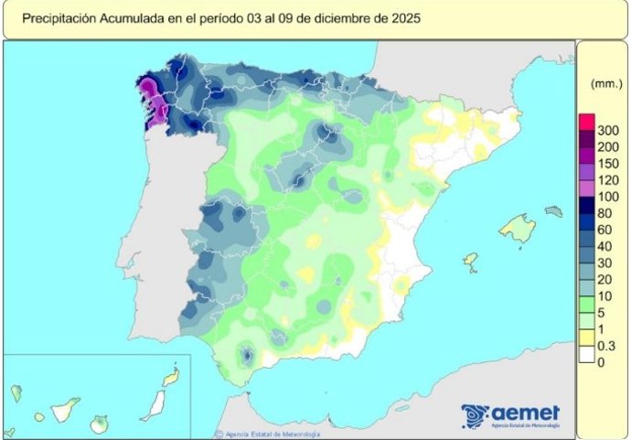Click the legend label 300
(608, 131)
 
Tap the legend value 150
(608, 162)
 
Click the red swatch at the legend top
(586, 123)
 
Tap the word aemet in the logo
(524, 413)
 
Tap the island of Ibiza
(471, 261)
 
